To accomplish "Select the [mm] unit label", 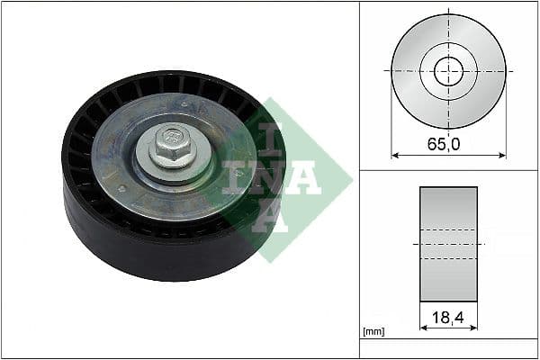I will click(373, 332).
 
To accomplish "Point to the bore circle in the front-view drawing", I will click(448, 70).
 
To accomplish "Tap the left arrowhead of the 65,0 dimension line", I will click(394, 156).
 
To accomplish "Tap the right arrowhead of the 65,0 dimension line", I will click(502, 156).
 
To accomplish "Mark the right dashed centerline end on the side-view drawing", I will click(483, 244).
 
